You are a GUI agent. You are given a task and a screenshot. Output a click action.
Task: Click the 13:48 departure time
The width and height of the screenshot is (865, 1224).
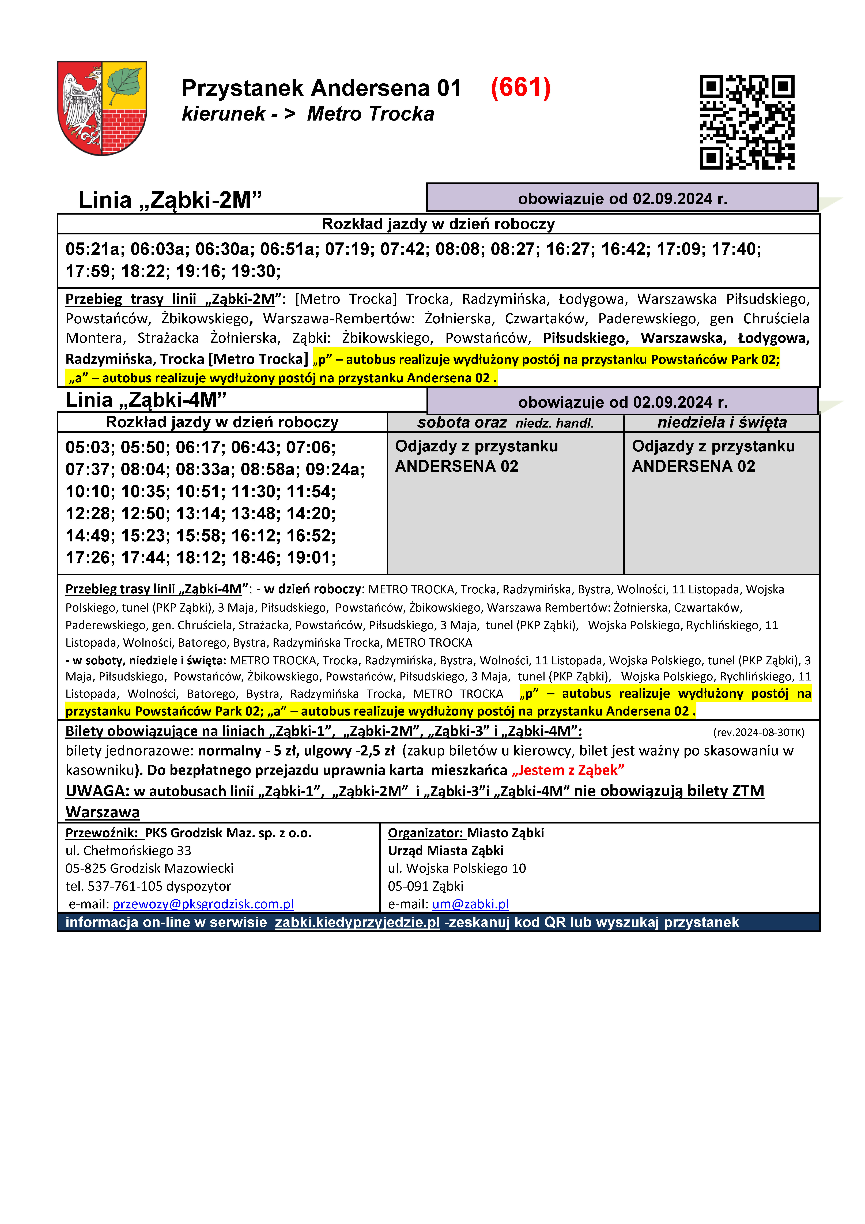pos(255,513)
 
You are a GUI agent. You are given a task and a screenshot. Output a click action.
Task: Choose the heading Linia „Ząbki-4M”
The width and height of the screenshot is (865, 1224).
pos(146,400)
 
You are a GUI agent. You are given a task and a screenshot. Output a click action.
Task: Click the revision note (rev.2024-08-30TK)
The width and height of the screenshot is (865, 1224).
pos(758,732)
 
